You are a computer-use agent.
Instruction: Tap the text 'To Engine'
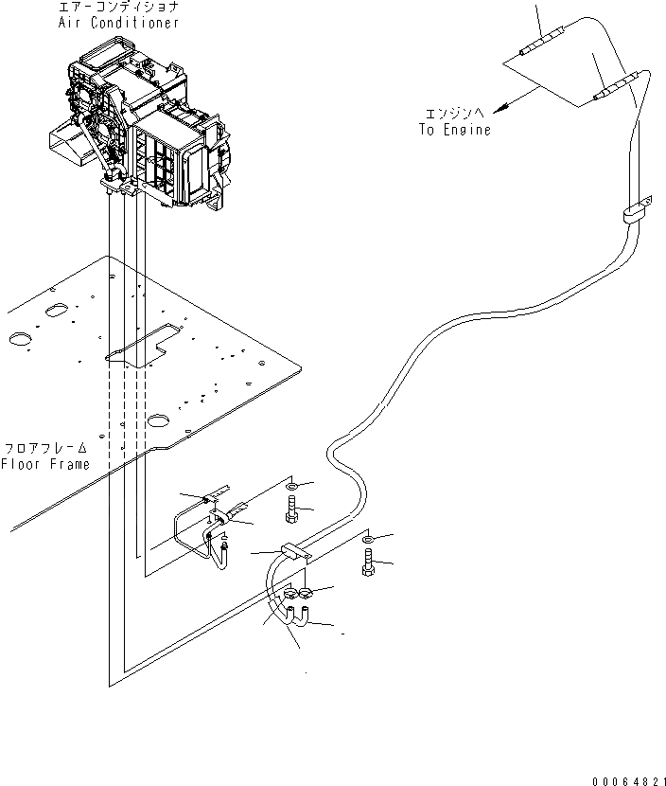pyautogui.click(x=455, y=130)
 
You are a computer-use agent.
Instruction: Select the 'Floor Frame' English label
pyautogui.click(x=45, y=464)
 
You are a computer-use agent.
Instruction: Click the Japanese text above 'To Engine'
pyautogui.click(x=455, y=113)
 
